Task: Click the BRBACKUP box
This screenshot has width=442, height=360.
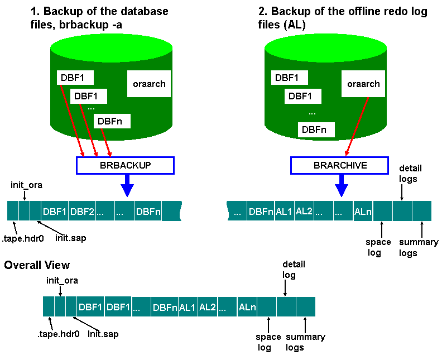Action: click(125, 165)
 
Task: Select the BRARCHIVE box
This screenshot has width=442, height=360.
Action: click(340, 165)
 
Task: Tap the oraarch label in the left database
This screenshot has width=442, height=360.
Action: click(149, 84)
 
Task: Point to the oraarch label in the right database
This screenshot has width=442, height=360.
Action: click(363, 84)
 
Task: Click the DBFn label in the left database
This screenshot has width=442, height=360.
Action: click(113, 121)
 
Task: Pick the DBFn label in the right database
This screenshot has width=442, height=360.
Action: click(314, 129)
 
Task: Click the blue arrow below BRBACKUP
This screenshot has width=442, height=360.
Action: click(128, 185)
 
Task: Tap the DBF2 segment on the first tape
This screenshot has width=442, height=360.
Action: click(82, 212)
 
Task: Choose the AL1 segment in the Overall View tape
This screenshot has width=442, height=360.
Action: click(186, 307)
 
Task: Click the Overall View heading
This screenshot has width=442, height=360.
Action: click(37, 265)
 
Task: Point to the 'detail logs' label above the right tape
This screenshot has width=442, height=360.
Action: click(410, 173)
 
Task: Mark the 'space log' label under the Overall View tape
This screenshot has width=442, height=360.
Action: click(267, 342)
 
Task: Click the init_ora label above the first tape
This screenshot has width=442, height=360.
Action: click(27, 185)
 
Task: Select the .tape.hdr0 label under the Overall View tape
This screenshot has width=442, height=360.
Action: click(58, 334)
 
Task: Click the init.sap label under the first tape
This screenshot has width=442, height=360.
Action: click(70, 238)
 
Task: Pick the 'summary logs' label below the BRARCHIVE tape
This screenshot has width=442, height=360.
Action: click(418, 247)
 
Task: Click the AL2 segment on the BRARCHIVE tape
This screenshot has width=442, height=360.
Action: click(304, 211)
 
